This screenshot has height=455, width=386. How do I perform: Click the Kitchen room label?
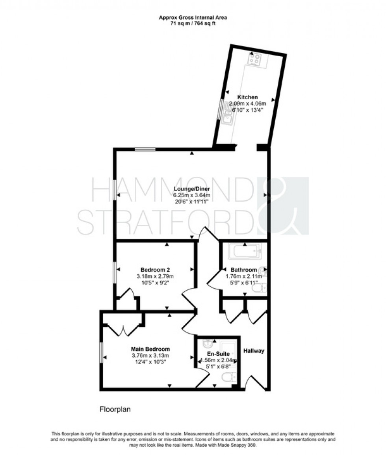pos(247,97)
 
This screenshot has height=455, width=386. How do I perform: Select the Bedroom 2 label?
pos(155,270)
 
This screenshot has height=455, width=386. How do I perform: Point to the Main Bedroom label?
pos(150,349)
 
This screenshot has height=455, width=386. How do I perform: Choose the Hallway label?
pos(254,351)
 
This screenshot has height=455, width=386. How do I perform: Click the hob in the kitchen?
pos(254,60)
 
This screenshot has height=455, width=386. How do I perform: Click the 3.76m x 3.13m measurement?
pos(150,356)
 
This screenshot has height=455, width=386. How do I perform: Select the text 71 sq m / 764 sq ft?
pos(193,24)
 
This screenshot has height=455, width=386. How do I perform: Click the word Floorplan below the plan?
pos(114,409)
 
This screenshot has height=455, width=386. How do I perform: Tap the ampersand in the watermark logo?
pos(283,205)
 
